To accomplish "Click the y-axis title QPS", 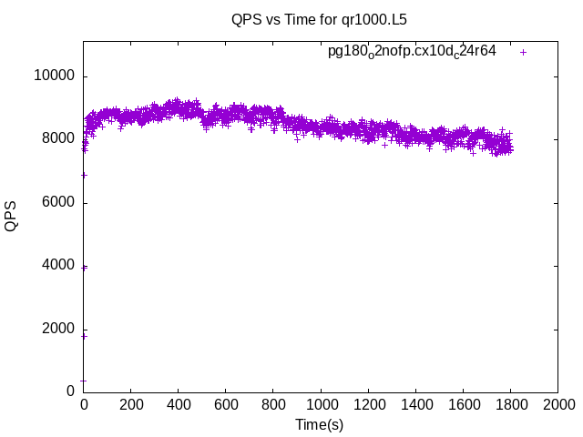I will [x=11, y=217].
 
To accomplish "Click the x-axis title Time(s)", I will [x=319, y=424].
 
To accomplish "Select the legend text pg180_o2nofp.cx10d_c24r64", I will [x=412, y=52].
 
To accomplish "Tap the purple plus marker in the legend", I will [x=523, y=52].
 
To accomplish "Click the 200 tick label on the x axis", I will [x=131, y=404].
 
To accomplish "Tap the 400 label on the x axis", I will [x=179, y=404].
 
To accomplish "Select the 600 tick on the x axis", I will [x=226, y=404].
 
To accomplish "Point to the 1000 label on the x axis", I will [x=321, y=404].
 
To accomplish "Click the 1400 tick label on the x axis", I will [x=415, y=404].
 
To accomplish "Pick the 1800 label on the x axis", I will [x=510, y=404].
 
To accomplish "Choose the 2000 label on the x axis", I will [x=557, y=404].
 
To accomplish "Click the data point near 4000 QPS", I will [x=84, y=268].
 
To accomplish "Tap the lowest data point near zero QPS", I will [x=84, y=381].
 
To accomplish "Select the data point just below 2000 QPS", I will [x=84, y=336].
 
